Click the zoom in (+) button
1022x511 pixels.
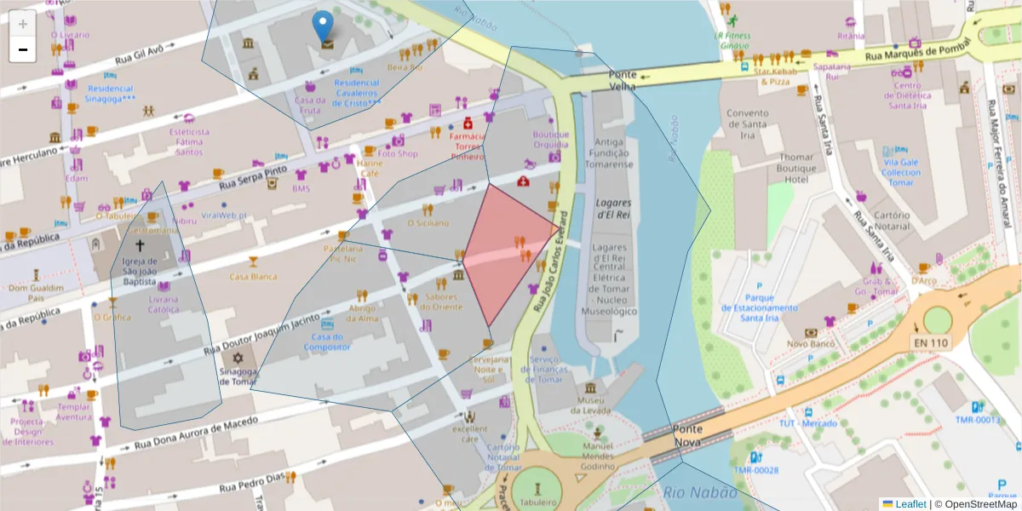pyautogui.click(x=22, y=23)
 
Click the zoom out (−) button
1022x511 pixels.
pyautogui.click(x=22, y=49)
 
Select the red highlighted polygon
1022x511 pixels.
pyautogui.click(x=508, y=251)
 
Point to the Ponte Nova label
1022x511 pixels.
pyautogui.click(x=687, y=434)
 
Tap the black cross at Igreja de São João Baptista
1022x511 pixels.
pyautogui.click(x=140, y=244)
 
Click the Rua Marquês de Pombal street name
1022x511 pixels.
pyautogui.click(x=912, y=53)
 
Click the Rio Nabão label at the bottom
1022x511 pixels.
pyautogui.click(x=698, y=491)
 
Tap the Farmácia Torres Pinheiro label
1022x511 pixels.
pyautogui.click(x=467, y=146)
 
